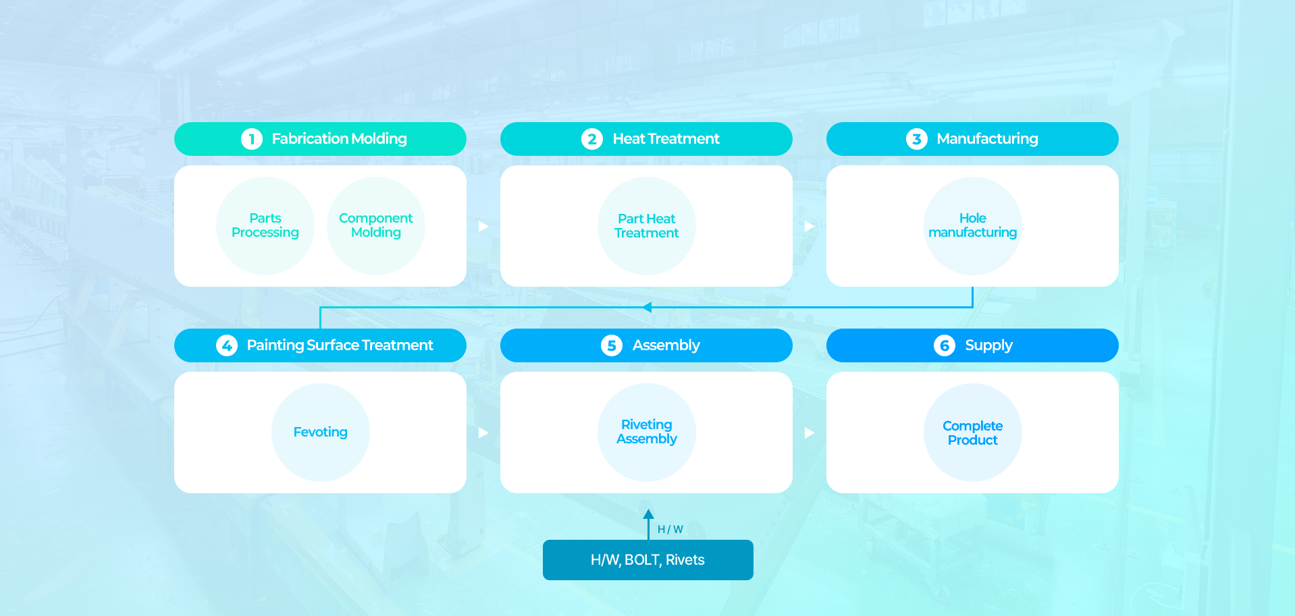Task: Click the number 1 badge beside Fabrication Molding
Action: click(252, 139)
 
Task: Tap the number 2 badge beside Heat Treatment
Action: click(592, 139)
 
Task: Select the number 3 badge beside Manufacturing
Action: click(917, 139)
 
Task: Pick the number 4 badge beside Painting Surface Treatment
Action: click(227, 345)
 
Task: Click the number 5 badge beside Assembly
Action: click(612, 345)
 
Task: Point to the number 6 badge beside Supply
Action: click(945, 345)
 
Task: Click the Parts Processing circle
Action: click(265, 226)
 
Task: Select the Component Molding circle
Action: click(376, 226)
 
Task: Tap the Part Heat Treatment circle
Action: click(647, 226)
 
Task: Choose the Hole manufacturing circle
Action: click(973, 226)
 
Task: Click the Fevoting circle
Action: click(321, 432)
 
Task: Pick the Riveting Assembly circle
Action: click(647, 432)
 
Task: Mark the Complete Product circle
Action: click(973, 432)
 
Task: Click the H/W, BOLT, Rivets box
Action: click(648, 560)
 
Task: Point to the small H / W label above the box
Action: click(670, 530)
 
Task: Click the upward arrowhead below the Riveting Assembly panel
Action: click(648, 513)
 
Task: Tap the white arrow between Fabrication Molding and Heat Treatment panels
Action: click(483, 226)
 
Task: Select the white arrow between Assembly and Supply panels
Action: click(810, 432)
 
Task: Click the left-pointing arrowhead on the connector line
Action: click(647, 308)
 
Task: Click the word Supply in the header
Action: click(988, 346)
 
